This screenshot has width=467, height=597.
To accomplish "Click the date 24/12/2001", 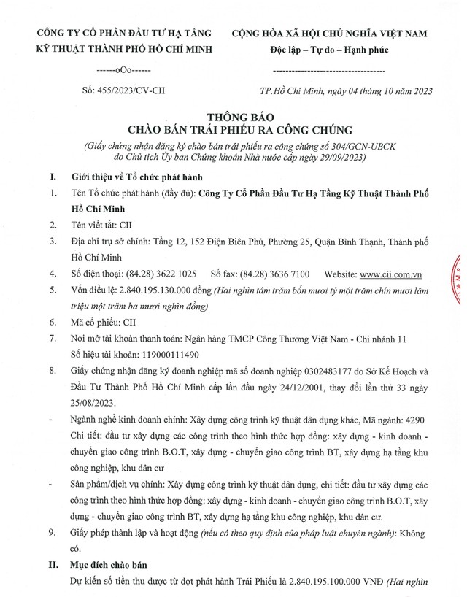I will click(x=280, y=386).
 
